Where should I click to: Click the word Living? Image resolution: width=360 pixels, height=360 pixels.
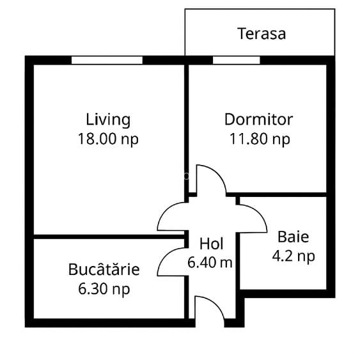108,120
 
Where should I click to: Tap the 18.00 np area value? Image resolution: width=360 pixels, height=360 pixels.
108,139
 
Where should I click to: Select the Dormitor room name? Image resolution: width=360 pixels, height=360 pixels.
258,120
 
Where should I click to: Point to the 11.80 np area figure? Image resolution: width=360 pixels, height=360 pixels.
260,139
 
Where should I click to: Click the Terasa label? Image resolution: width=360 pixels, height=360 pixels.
262,34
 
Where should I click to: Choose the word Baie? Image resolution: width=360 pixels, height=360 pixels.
293,237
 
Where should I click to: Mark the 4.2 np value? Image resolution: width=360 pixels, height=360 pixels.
293,256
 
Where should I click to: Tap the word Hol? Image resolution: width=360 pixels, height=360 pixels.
211,244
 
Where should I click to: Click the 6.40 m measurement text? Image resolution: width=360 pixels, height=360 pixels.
210,262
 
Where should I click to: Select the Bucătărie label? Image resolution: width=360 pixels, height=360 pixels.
104,270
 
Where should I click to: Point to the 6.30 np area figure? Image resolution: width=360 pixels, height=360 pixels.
104,289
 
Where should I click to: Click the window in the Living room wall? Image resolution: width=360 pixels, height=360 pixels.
106,60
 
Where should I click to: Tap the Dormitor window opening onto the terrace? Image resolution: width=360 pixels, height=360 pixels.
236,60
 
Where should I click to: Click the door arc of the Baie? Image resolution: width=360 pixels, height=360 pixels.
253,217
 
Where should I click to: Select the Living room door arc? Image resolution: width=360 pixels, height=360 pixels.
171,217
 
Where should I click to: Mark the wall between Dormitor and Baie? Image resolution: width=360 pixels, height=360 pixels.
285,194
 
